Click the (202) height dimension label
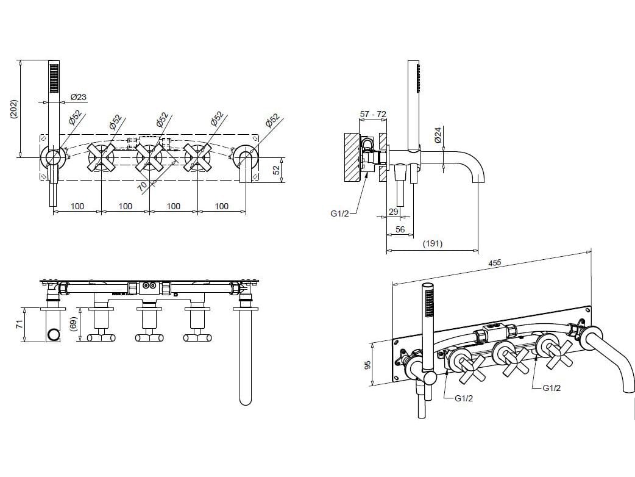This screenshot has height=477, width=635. [x=14, y=109]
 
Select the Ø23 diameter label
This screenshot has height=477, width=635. [x=78, y=97]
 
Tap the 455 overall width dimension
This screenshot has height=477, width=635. [x=494, y=263]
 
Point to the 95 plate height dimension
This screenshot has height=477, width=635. [x=368, y=364]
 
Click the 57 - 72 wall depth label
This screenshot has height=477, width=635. [x=373, y=114]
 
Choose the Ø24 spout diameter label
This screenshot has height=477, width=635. [x=438, y=135]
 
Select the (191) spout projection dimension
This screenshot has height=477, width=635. [x=433, y=243]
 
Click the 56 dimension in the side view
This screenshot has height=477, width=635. [x=400, y=229]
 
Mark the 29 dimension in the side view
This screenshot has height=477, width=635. [x=393, y=212]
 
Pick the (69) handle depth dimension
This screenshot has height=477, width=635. [x=73, y=325]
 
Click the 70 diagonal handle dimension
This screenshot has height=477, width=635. [x=142, y=186]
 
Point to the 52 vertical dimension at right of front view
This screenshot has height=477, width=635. [x=277, y=170]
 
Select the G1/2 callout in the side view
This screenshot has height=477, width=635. [x=339, y=213]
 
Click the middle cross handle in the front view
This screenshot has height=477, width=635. [x=149, y=157]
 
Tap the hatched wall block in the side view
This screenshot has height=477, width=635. [x=352, y=157]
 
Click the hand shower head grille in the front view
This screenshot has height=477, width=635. [x=54, y=78]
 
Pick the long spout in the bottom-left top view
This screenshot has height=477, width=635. [x=246, y=357]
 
